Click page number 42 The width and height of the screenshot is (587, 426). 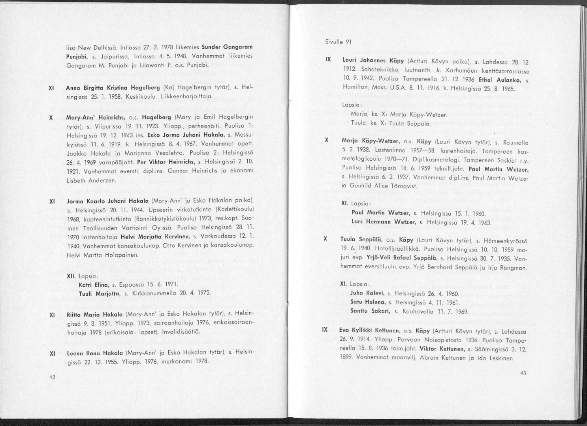tap(52, 377)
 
